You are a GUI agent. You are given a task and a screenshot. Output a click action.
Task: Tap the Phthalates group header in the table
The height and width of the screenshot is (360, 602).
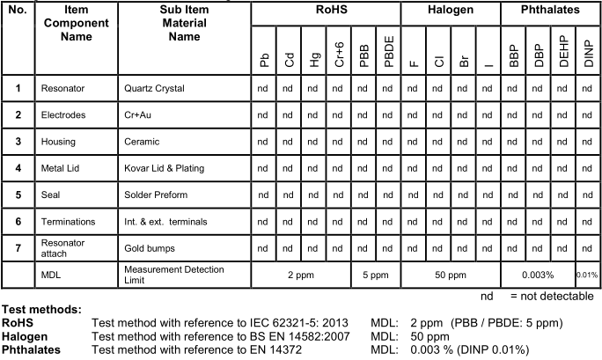point(547,13)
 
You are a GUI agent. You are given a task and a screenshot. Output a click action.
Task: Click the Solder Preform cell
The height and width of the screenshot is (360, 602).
point(157,195)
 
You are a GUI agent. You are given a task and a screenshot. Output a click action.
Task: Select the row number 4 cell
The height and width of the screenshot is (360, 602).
point(18,168)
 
